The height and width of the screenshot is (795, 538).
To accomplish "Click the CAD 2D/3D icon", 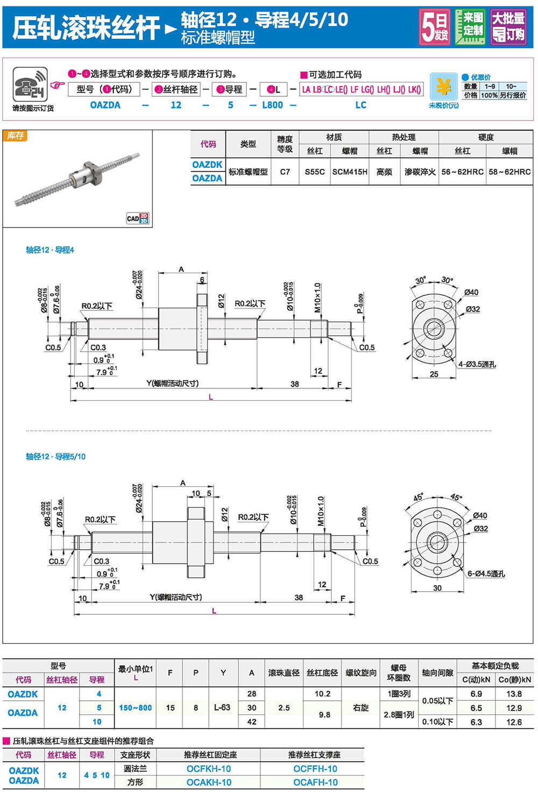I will click(x=138, y=218).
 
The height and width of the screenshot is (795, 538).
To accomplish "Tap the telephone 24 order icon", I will click(x=30, y=85).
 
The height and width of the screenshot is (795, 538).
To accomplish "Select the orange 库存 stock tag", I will click(x=15, y=136).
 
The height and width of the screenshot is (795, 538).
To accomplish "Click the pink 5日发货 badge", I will click(x=435, y=27).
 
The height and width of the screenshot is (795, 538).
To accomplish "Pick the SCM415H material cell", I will click(x=350, y=172).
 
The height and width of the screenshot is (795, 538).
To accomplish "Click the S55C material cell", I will click(x=314, y=172).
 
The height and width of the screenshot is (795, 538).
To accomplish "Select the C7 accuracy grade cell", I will click(x=285, y=172).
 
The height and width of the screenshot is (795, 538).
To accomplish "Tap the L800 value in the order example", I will click(x=272, y=105).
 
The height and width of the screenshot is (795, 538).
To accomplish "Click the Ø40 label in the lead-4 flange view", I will click(x=471, y=292).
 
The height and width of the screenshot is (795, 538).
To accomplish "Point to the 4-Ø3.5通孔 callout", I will click(x=477, y=364).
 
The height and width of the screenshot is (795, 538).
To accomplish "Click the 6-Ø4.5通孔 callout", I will click(x=486, y=573).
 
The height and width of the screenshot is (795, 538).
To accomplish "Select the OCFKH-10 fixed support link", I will click(x=209, y=769).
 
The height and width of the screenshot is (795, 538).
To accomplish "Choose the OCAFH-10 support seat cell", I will click(x=315, y=782).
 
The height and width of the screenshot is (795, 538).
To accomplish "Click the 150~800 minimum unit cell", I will click(x=135, y=707).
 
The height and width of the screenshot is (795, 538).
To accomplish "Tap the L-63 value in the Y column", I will click(x=222, y=707).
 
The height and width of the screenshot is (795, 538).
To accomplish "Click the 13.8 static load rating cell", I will click(x=514, y=694).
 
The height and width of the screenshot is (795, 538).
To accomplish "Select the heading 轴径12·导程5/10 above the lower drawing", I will click(x=55, y=456).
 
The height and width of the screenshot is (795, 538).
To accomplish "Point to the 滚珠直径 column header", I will click(x=284, y=672).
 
